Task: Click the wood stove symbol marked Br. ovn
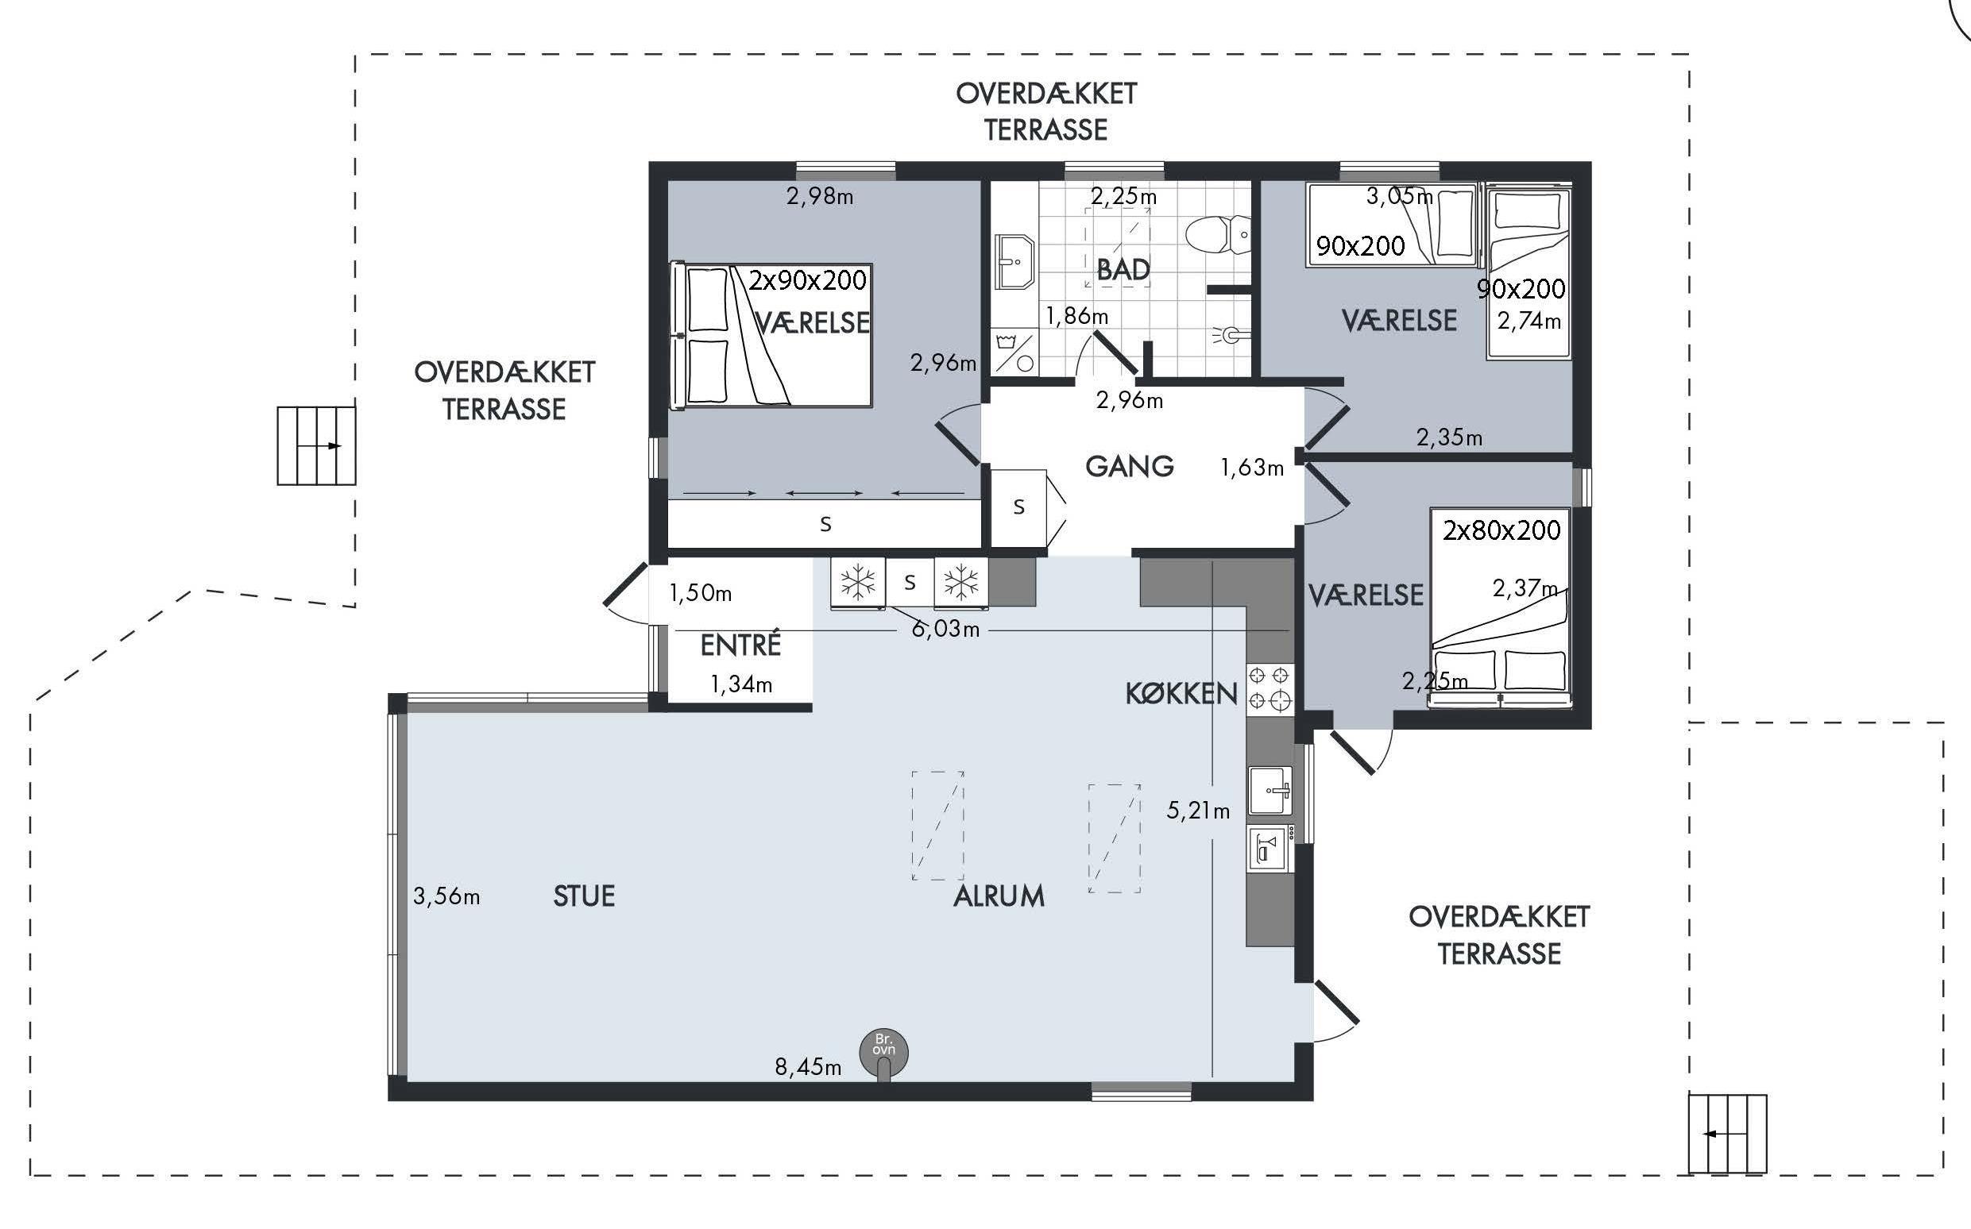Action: click(x=884, y=1054)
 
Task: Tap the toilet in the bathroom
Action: click(x=1218, y=235)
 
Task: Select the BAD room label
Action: click(x=1123, y=269)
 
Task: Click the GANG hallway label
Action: click(x=1130, y=467)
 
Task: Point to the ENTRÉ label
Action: click(x=740, y=645)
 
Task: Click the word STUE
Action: click(x=584, y=896)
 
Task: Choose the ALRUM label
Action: click(x=999, y=896)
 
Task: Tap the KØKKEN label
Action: click(x=1181, y=693)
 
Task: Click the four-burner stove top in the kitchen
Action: click(x=1270, y=688)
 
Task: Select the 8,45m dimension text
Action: click(x=807, y=1067)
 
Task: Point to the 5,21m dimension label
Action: click(x=1198, y=811)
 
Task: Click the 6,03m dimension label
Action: click(x=945, y=629)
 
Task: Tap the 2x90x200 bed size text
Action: click(x=807, y=280)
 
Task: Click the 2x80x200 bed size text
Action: click(x=1501, y=530)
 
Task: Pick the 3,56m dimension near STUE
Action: click(x=446, y=896)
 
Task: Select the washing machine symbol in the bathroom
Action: click(x=1014, y=351)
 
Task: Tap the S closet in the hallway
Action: click(x=1018, y=507)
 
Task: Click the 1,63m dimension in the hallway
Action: click(x=1252, y=468)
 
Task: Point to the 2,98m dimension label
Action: click(x=820, y=197)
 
